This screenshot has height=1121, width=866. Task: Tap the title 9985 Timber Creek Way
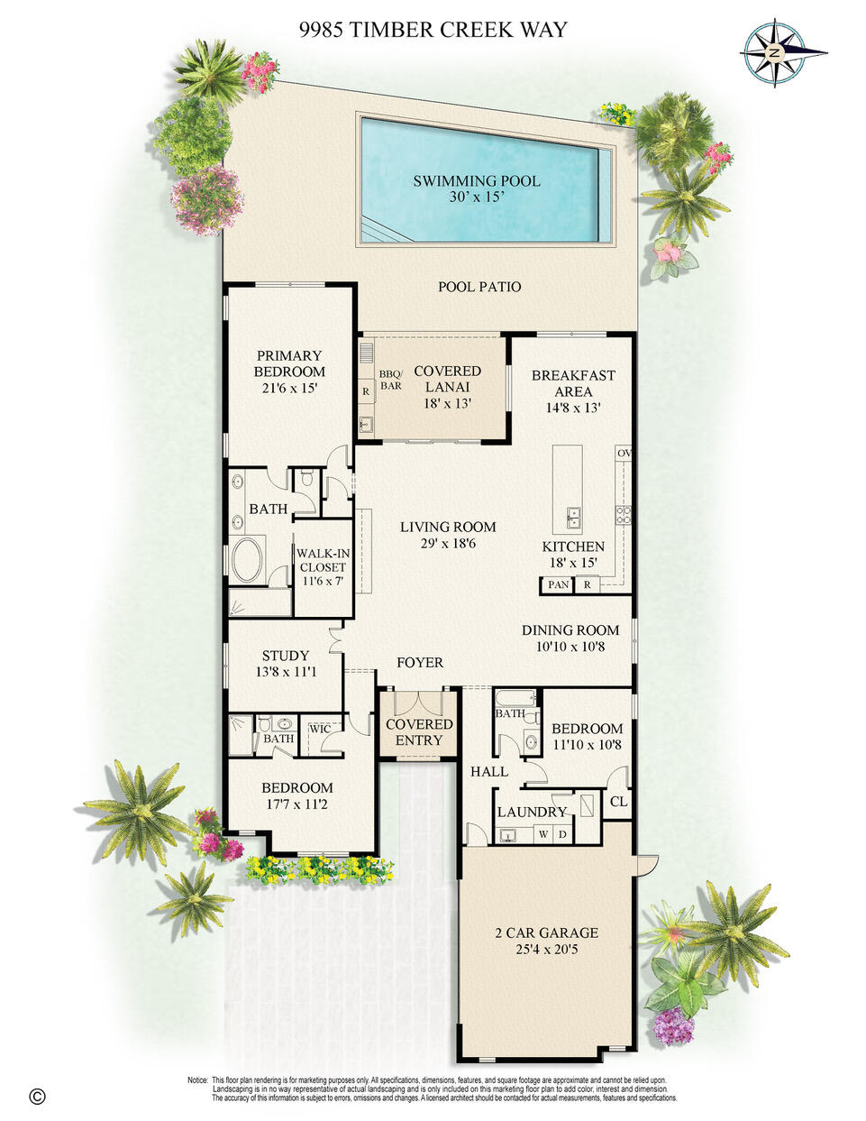tap(433, 30)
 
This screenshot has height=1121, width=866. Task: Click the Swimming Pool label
tap(477, 181)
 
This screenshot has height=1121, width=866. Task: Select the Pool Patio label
tap(479, 287)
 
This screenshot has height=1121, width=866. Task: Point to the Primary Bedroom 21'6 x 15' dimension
tap(289, 389)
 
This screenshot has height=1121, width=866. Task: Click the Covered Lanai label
tap(448, 379)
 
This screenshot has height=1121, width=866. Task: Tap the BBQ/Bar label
tap(390, 379)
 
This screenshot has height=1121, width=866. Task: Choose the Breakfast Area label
tap(573, 383)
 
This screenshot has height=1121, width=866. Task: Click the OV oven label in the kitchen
tap(624, 454)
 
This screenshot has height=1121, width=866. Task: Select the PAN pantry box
tap(558, 585)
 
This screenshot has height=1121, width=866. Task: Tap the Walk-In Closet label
tap(323, 560)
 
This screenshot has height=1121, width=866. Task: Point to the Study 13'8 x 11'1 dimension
tap(286, 672)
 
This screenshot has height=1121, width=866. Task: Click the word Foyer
tap(420, 662)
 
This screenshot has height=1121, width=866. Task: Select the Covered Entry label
tap(418, 732)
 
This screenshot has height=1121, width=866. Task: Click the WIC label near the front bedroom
tap(320, 729)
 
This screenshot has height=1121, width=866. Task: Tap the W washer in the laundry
tap(543, 834)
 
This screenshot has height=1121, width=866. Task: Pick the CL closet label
tap(618, 802)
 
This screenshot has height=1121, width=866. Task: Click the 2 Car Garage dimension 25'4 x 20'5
tap(546, 960)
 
